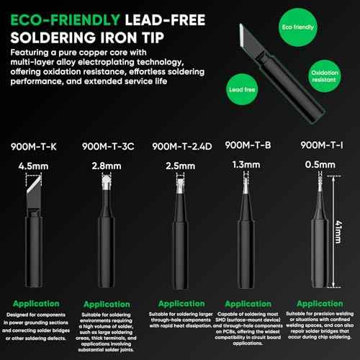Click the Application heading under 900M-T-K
[37, 302]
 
